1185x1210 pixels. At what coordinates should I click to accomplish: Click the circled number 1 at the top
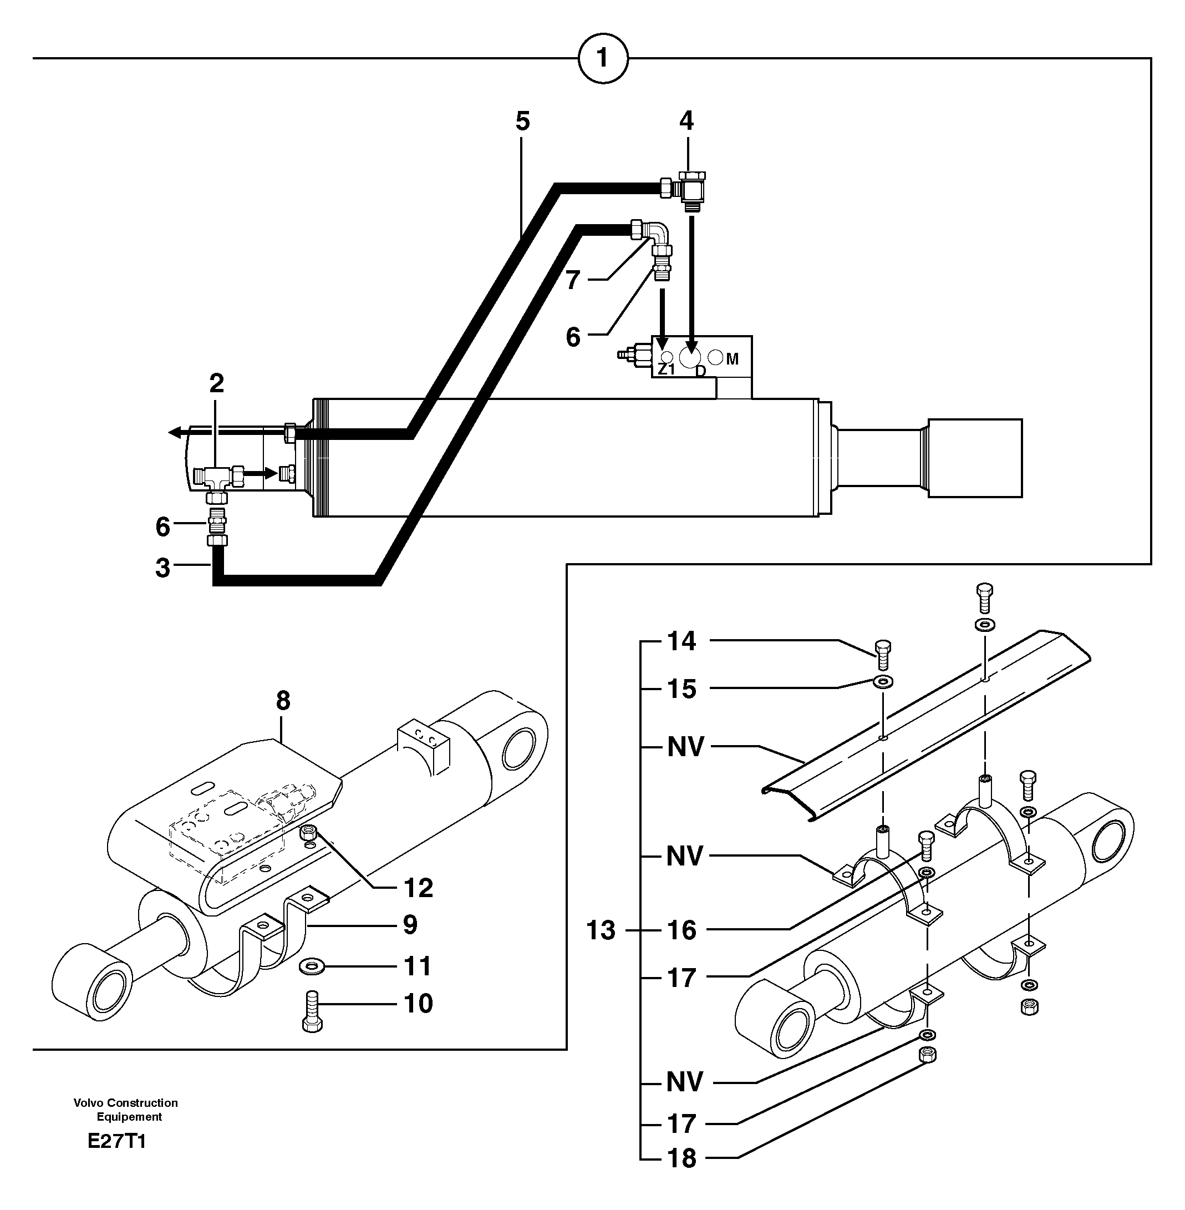(602, 59)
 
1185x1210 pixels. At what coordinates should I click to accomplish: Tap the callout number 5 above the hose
(523, 121)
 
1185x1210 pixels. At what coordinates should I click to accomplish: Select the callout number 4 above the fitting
(686, 121)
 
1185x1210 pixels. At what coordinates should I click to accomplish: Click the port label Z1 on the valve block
(667, 369)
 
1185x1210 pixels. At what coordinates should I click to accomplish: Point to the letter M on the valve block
(732, 360)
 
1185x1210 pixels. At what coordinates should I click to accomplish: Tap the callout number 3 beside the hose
(162, 568)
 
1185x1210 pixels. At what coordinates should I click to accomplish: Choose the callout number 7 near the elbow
(573, 281)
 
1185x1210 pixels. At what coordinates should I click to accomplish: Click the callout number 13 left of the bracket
(601, 930)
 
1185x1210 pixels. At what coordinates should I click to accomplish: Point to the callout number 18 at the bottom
(681, 1158)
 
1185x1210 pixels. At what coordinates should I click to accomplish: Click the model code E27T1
(116, 1142)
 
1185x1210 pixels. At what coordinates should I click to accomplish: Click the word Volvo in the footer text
(87, 1103)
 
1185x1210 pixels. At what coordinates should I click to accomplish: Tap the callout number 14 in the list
(681, 641)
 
